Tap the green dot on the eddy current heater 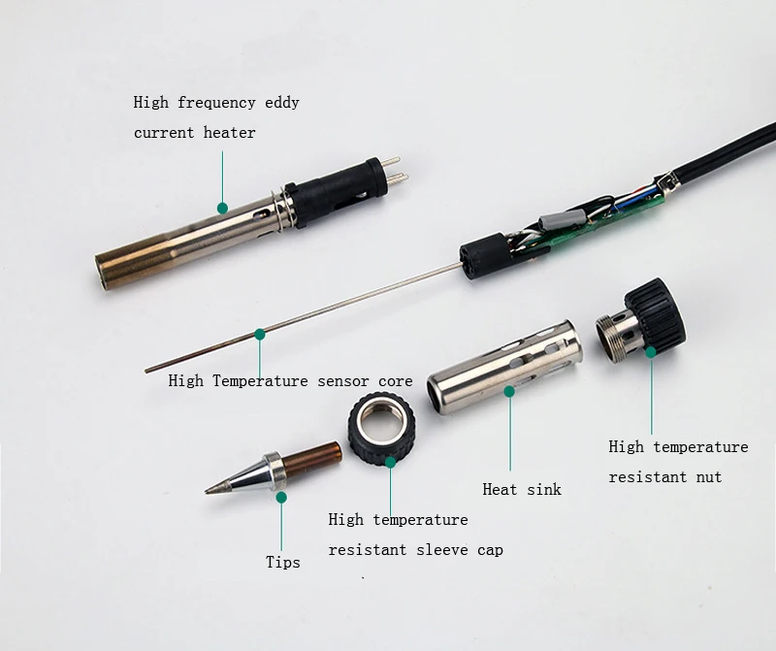click(x=222, y=208)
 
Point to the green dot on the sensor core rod click(x=260, y=335)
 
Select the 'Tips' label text click(x=283, y=562)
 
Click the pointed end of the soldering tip click(x=209, y=491)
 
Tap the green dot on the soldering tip click(x=282, y=498)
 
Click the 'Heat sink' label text click(x=522, y=490)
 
